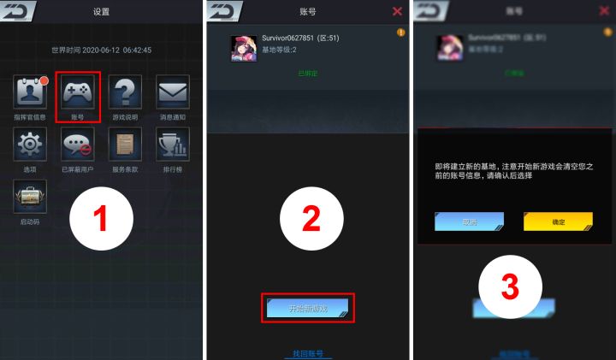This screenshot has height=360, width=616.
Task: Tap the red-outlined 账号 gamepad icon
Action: [78, 96]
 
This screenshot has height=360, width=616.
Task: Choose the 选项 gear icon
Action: [30, 145]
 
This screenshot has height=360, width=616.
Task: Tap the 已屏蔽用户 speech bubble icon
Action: [78, 145]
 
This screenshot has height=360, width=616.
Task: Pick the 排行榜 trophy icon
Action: [172, 145]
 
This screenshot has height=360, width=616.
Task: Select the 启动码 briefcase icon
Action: [30, 197]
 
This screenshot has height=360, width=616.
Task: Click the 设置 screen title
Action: [101, 12]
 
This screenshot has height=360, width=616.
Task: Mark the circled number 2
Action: [309, 219]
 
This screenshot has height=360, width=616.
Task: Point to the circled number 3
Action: [511, 285]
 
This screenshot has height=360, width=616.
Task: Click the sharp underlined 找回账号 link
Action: [308, 353]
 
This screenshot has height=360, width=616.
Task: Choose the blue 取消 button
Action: [469, 221]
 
